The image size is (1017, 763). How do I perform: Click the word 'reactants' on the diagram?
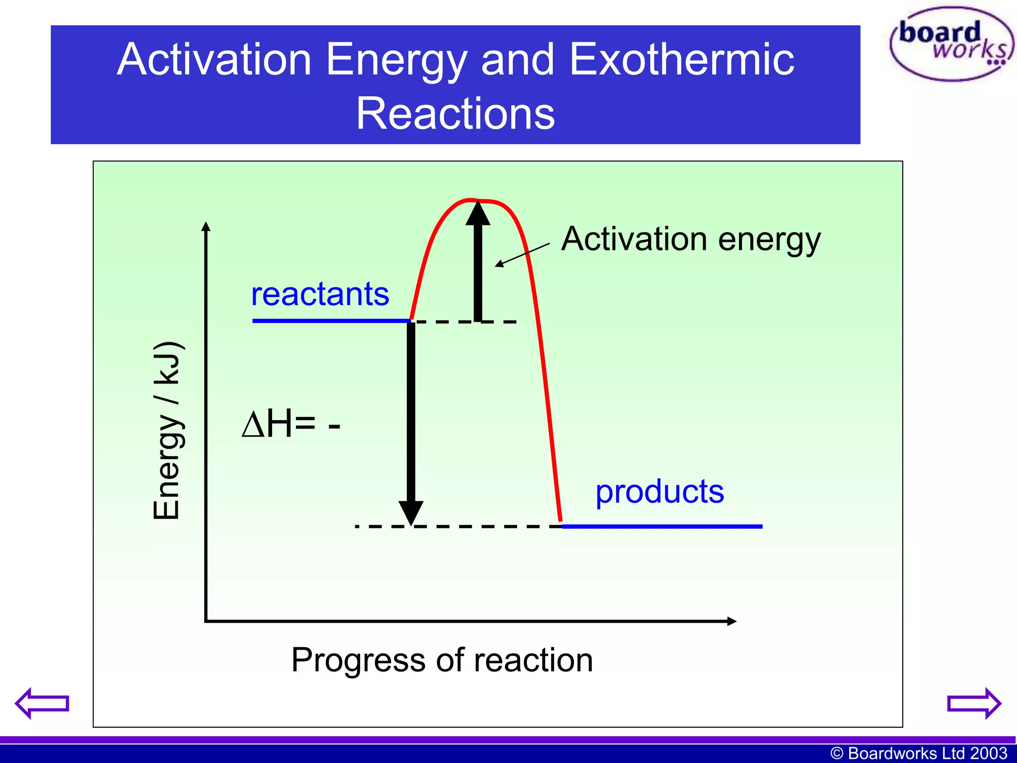pos(320,294)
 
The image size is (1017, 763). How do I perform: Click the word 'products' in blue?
pos(659,492)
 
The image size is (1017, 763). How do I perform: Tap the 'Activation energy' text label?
pos(691,239)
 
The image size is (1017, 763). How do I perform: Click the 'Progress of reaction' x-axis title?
pos(442,660)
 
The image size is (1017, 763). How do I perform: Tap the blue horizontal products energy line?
pos(662,526)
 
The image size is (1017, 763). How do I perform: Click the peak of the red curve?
pos(474,200)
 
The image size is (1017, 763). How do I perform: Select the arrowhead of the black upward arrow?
pos(478,214)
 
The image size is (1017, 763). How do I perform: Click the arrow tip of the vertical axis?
pos(206,227)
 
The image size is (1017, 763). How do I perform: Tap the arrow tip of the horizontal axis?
pos(731,621)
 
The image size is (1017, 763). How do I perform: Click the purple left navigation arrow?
pos(42,703)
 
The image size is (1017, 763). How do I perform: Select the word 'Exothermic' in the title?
pos(681,60)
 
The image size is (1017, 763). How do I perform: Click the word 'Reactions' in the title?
pos(455,114)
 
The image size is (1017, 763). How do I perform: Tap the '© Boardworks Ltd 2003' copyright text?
pos(919,753)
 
